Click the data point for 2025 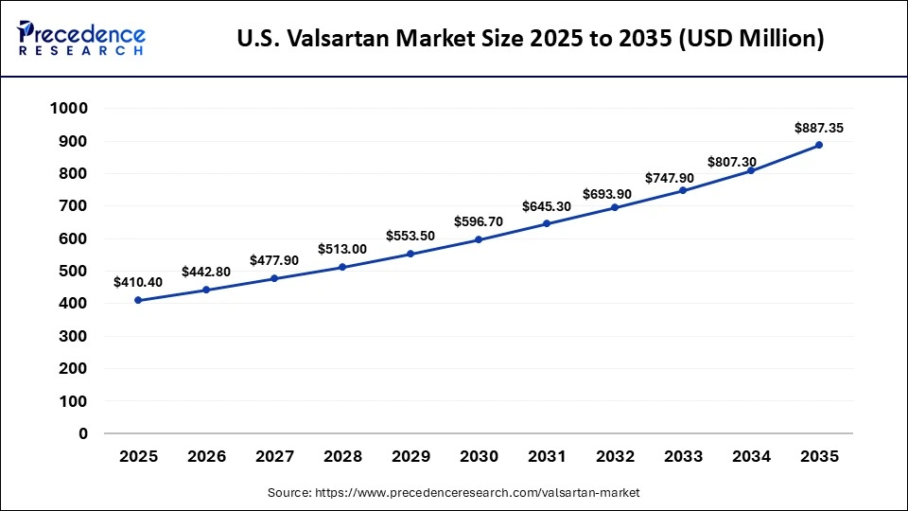(138, 300)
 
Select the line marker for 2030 (479, 239)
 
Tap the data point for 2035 (819, 145)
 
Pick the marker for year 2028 (342, 267)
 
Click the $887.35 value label (819, 127)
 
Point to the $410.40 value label (138, 282)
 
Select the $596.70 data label (479, 221)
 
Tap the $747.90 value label (683, 178)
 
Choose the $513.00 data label (342, 249)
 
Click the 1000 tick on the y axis (69, 109)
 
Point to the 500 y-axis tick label (74, 272)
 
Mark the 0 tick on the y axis (83, 433)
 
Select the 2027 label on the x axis (274, 457)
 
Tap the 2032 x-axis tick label (615, 457)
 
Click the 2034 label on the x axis (751, 457)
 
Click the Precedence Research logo (81, 39)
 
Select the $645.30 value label (547, 205)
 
